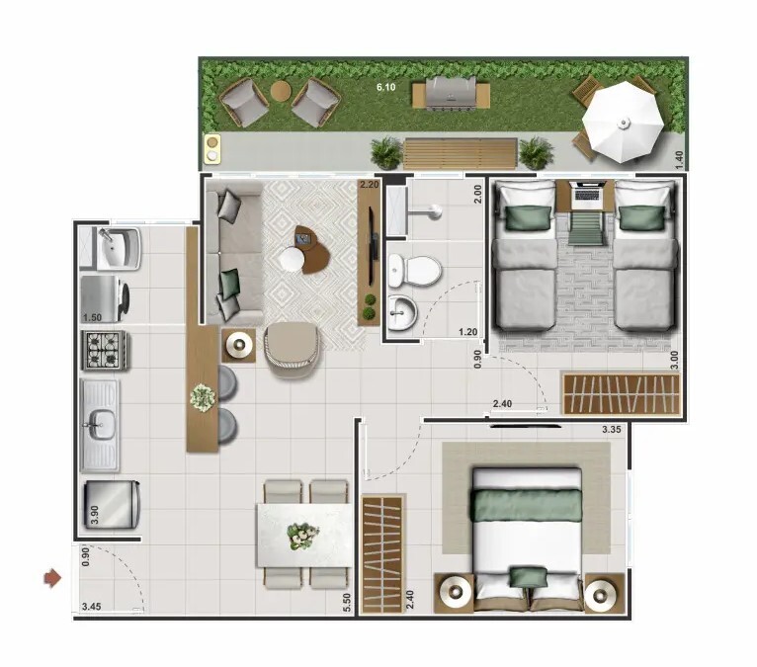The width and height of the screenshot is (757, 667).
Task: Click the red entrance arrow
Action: pos(52,578)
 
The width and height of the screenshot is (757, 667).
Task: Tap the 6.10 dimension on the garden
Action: pos(385,87)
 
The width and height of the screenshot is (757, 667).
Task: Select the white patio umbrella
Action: pos(623,123)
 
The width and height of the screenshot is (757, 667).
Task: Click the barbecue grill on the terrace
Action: pos(451,94)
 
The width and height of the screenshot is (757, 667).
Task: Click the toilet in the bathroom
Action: pos(415,270)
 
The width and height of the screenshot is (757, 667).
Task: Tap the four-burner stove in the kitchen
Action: pos(105,351)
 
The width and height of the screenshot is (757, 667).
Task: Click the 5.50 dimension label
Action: pos(347,603)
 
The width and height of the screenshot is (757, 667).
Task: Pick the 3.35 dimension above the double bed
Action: pos(611,430)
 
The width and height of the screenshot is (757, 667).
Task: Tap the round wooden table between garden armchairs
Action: pos(280,91)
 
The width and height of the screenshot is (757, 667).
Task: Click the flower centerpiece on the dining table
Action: pos(302,536)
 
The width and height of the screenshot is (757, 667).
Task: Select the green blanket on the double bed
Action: pos(526,505)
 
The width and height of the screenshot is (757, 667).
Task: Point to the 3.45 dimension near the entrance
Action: pos(91,607)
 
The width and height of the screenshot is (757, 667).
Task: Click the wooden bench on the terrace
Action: pos(461,153)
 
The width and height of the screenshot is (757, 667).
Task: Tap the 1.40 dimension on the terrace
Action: pos(679,160)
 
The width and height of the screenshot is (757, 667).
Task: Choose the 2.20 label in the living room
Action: pos(370,184)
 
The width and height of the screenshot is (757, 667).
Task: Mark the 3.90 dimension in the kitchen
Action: pos(95,515)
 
